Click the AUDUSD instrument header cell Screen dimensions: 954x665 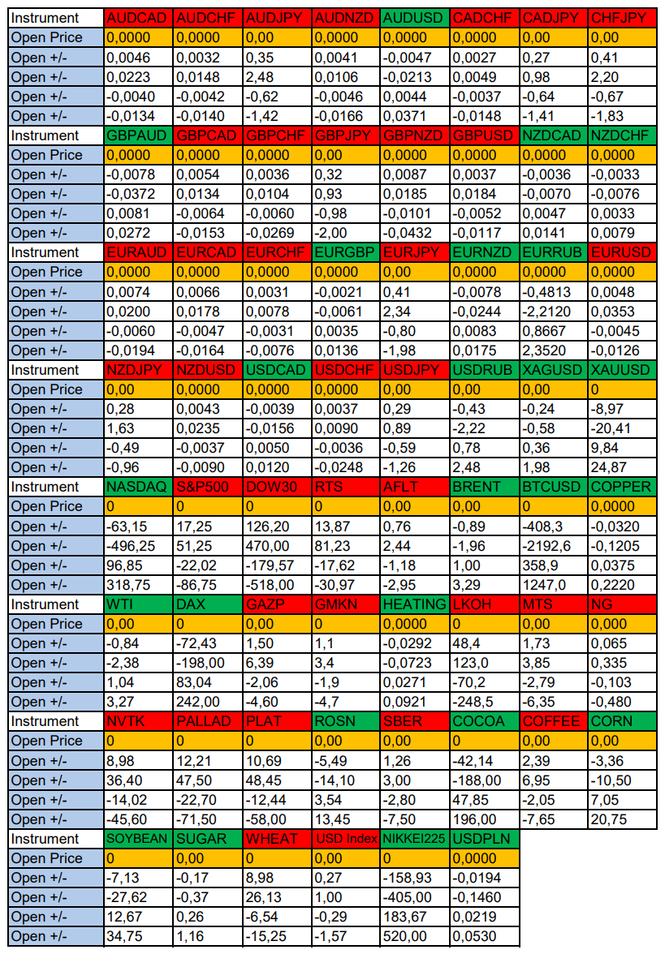[x=415, y=18]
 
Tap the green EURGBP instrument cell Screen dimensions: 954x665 [x=346, y=252]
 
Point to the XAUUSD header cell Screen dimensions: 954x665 [x=622, y=370]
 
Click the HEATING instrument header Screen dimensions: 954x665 [x=415, y=604]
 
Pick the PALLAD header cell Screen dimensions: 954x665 [x=208, y=721]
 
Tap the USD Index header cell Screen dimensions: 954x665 [x=346, y=839]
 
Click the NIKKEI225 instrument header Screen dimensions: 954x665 [x=415, y=839]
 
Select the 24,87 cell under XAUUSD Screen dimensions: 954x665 [x=622, y=467]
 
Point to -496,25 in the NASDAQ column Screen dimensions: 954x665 [x=139, y=546]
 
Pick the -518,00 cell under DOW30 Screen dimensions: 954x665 [x=277, y=585]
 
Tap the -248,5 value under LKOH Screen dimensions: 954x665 [x=484, y=702]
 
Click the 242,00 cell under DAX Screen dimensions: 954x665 [x=208, y=702]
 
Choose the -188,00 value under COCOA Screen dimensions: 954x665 [x=484, y=780]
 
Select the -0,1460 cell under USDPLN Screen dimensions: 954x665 [x=484, y=897]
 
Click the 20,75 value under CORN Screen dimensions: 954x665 [x=622, y=819]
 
